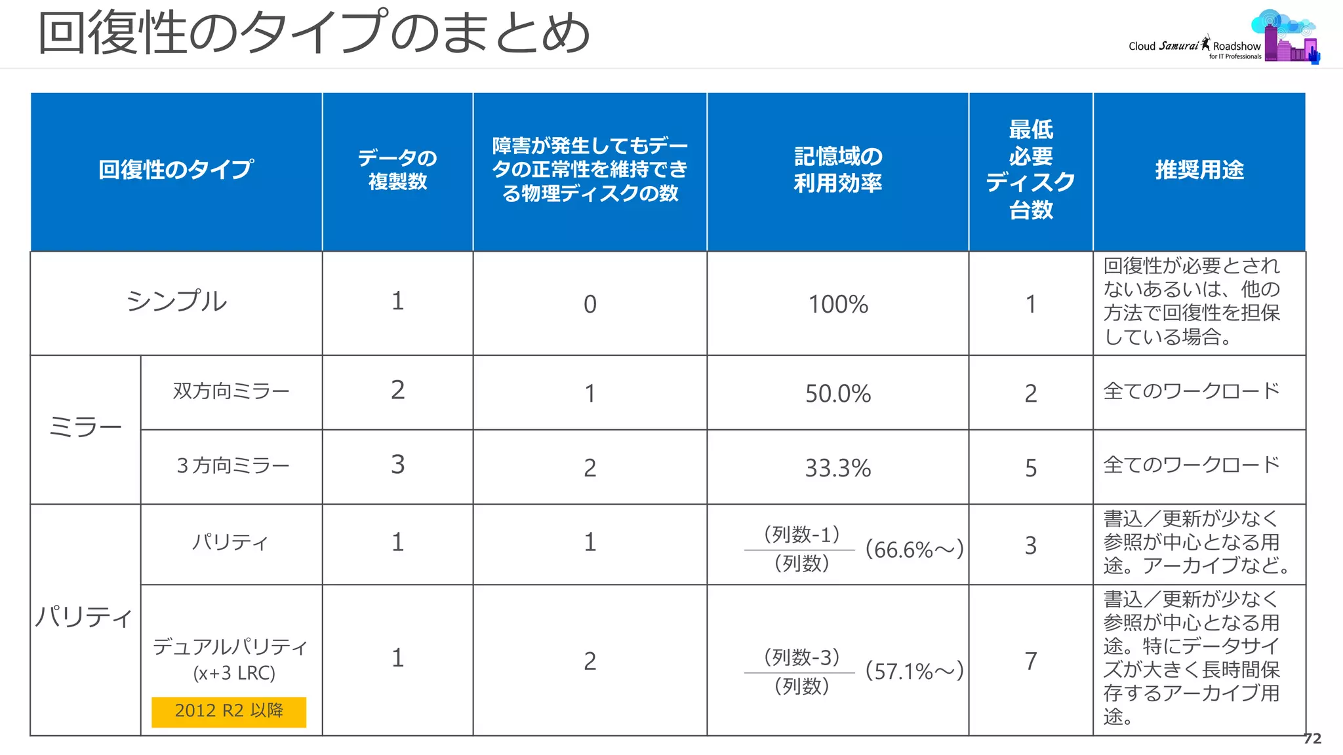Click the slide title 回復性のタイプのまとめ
point(313,33)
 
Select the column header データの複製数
point(397,170)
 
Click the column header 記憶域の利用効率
point(837,170)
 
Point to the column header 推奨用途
point(1199,170)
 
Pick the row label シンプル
point(176,301)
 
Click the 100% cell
point(837,304)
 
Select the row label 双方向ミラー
point(231,391)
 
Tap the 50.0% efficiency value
point(837,393)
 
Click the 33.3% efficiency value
point(837,468)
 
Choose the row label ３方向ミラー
point(232,466)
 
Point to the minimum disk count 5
point(1030,468)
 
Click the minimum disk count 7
point(1030,661)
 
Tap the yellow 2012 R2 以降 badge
point(229,711)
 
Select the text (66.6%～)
point(914,549)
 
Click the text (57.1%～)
point(914,671)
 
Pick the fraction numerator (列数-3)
point(801,657)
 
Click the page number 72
point(1312,739)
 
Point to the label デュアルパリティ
point(230,648)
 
